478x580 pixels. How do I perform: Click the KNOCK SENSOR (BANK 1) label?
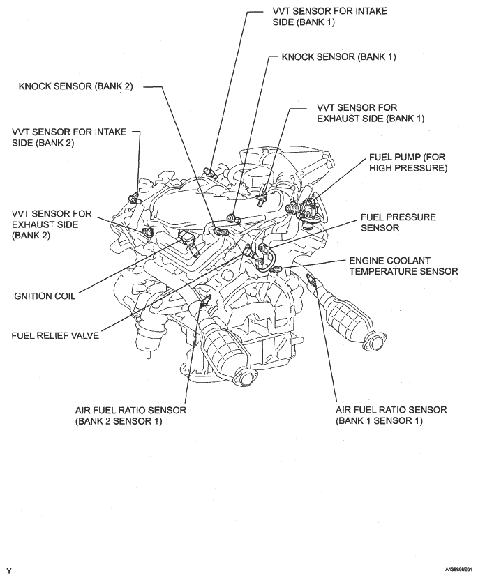pyautogui.click(x=338, y=57)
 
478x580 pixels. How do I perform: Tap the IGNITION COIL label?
pyautogui.click(x=43, y=295)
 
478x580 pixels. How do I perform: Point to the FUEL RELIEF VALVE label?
pyautogui.click(x=54, y=335)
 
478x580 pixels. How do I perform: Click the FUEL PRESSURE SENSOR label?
pyautogui.click(x=398, y=222)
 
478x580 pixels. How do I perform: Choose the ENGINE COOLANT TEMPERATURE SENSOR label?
pyautogui.click(x=403, y=266)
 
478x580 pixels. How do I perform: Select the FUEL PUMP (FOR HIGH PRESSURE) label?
pyautogui.click(x=408, y=162)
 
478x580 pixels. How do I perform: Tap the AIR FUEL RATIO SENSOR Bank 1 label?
pyautogui.click(x=391, y=415)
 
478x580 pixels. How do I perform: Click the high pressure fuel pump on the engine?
pyautogui.click(x=308, y=209)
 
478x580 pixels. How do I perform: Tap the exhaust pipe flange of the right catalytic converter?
pyautogui.click(x=375, y=342)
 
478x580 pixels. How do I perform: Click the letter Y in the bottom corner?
pyautogui.click(x=9, y=570)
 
